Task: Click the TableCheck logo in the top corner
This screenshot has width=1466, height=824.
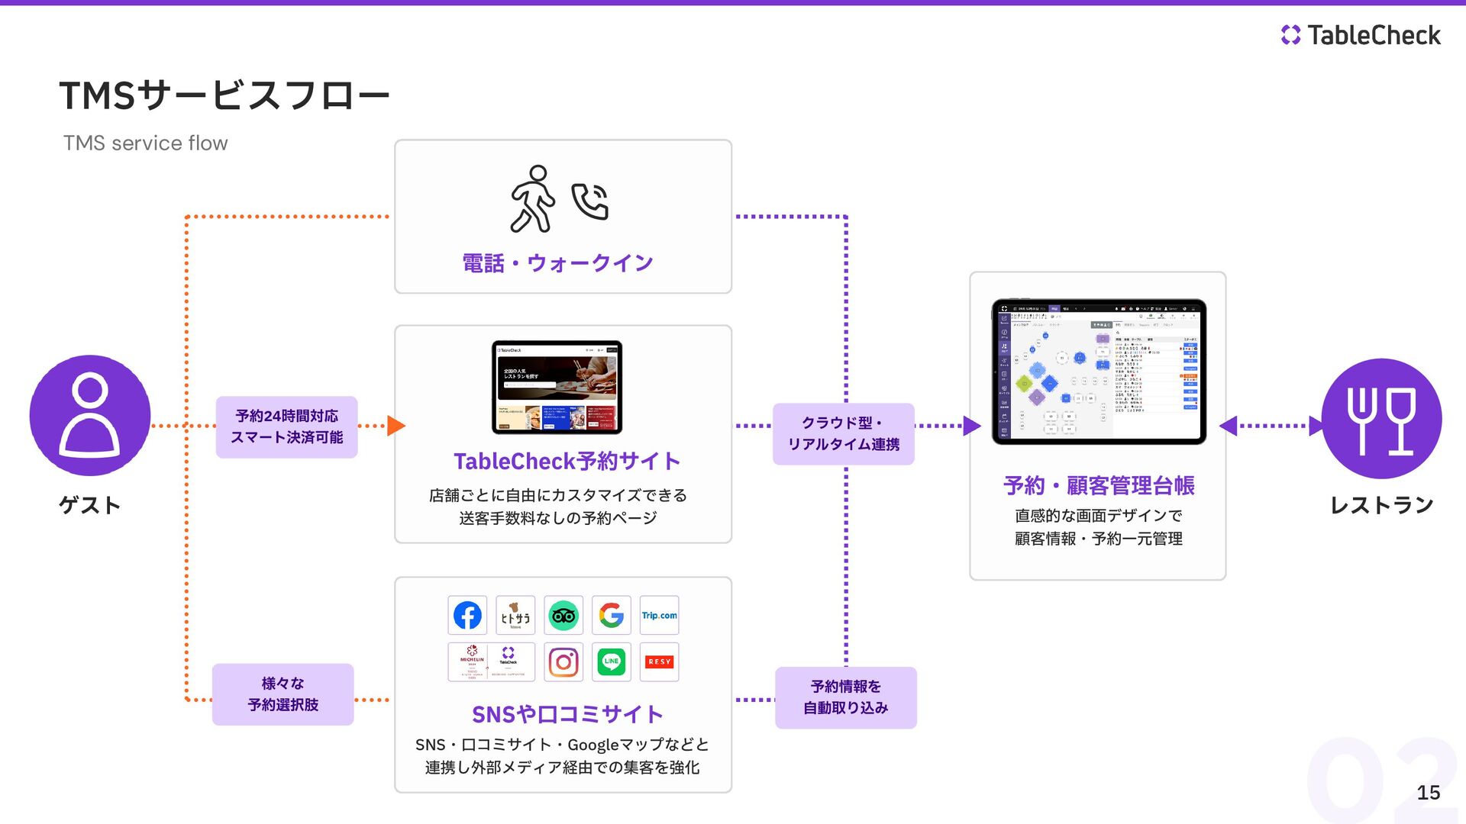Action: coord(1361,35)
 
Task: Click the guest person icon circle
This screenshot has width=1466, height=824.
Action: coord(90,415)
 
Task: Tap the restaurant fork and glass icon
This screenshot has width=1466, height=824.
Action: coord(1381,419)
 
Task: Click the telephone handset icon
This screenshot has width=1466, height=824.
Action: coord(590,201)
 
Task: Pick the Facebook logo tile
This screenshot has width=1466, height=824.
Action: coord(467,615)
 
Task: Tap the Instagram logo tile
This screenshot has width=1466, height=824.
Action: coord(563,661)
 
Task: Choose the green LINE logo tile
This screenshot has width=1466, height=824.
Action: coord(612,661)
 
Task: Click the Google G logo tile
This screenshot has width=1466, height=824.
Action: coord(612,615)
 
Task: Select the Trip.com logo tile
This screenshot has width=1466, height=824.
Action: coord(659,615)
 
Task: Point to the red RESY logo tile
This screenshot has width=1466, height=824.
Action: coord(659,661)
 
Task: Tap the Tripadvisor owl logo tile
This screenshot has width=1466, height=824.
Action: coord(563,615)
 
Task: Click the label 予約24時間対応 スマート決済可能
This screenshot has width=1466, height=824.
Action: coord(286,426)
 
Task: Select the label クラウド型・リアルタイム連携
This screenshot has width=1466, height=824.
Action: coord(844,433)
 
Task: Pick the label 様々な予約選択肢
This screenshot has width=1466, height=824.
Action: coord(283,694)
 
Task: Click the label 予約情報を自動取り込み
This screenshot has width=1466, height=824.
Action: coord(846,697)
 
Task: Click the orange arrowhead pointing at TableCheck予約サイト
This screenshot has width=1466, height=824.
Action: coord(396,426)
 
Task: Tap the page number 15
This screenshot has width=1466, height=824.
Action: coord(1428,793)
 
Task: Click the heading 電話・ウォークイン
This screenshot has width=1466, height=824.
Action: coord(557,263)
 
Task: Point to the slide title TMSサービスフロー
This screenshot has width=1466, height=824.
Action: coord(224,96)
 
